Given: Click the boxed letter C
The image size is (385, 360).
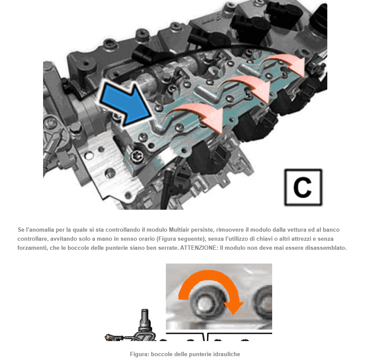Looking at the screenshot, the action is point(303,187).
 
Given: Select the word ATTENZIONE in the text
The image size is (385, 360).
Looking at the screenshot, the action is point(199,248).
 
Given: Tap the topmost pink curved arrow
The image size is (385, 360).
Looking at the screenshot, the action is point(283,62).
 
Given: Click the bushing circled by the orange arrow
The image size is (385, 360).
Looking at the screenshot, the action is point(205,303).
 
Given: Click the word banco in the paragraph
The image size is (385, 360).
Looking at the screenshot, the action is point(331,230).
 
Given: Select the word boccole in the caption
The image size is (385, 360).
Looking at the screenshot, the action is point(160,354).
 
